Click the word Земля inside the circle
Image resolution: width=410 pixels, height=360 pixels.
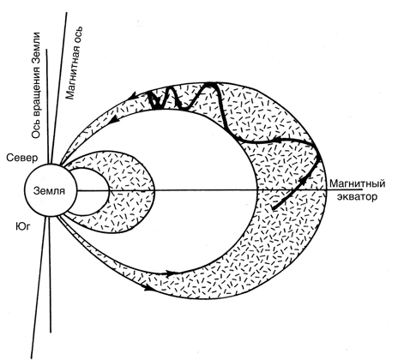tap(49, 190)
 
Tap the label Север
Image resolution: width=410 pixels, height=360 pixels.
tap(22, 158)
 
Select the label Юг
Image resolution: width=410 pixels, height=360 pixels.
tap(22, 226)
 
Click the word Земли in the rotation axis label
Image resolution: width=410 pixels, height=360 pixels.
tap(36, 48)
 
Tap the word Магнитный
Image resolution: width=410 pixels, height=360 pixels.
tap(357, 183)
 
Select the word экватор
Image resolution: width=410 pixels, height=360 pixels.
tap(357, 197)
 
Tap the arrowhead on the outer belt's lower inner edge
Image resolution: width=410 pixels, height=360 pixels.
tap(170, 273)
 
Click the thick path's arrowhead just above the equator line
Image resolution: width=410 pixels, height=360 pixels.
tap(303, 180)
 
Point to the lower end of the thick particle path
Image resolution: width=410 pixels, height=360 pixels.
tap(273, 208)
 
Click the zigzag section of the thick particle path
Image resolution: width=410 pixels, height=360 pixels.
tap(183, 97)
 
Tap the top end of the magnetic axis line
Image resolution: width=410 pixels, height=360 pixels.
tap(67, 13)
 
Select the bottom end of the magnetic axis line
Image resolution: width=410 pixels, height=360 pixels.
tap(31, 357)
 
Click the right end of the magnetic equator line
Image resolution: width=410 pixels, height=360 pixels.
tap(363, 189)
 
